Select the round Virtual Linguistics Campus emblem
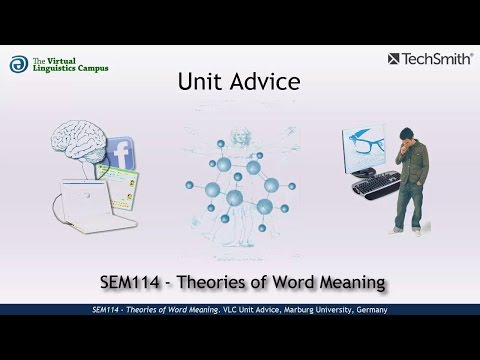18,63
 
